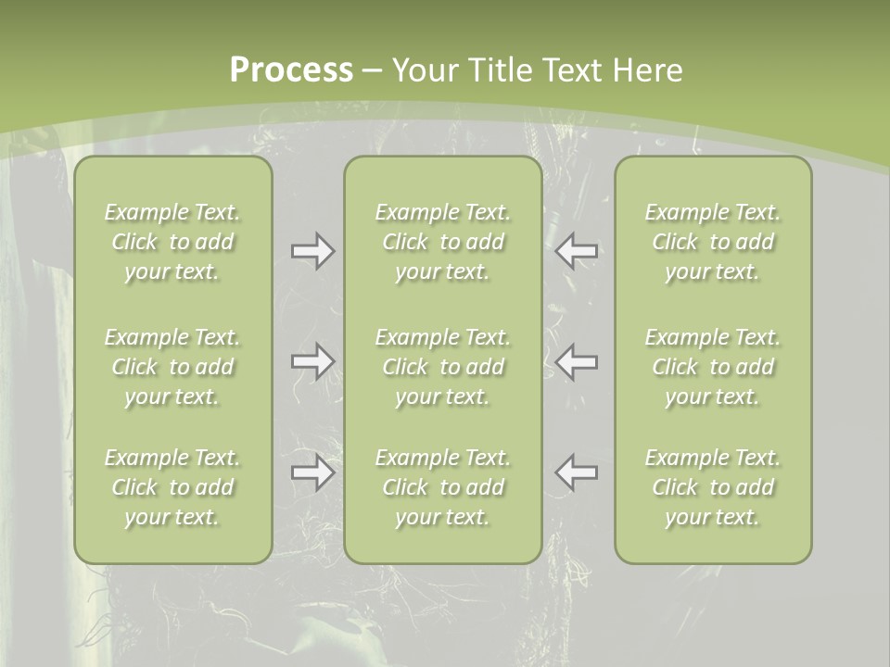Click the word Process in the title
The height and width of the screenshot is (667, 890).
[291, 70]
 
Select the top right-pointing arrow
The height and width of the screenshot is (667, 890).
[313, 250]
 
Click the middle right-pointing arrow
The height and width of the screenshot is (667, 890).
[313, 361]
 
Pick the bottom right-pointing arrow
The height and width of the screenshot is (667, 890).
[313, 472]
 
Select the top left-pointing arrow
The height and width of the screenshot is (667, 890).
[577, 250]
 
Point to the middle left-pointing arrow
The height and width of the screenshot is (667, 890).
[577, 361]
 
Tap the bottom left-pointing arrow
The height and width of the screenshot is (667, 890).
[577, 472]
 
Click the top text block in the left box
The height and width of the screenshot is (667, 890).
[172, 242]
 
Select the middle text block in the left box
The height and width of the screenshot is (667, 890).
[172, 367]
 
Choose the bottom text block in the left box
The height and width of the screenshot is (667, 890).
[172, 487]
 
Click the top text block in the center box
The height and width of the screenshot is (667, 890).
[443, 242]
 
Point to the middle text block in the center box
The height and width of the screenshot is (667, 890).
[443, 367]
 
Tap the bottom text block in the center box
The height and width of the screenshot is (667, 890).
[443, 487]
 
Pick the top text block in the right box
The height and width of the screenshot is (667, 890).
[713, 242]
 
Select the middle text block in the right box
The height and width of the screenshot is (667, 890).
[713, 367]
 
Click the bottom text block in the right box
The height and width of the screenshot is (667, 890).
[713, 487]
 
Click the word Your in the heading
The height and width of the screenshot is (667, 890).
[426, 70]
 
